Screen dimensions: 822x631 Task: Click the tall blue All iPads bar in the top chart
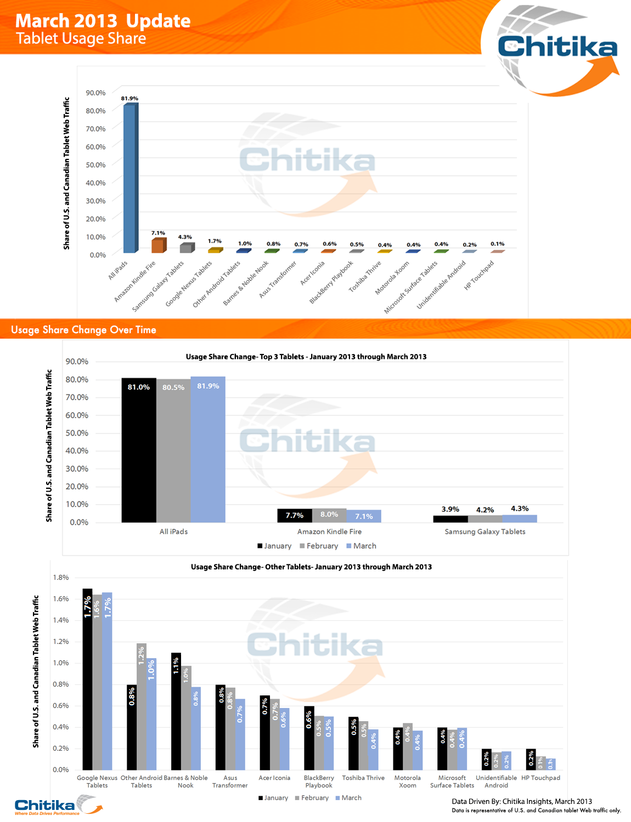coord(129,178)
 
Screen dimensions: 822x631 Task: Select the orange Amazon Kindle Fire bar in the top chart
coord(158,246)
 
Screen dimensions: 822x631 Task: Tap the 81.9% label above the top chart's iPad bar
coord(129,99)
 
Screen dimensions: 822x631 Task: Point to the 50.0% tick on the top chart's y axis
coord(95,165)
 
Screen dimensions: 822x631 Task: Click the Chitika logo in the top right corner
coord(557,47)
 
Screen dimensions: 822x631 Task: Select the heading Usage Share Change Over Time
coord(83,330)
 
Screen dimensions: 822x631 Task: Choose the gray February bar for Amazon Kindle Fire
coord(329,516)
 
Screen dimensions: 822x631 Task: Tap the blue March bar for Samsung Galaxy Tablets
coord(520,518)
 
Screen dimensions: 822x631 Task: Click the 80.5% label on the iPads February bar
coord(173,387)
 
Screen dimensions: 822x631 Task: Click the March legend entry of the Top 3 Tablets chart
coord(361,546)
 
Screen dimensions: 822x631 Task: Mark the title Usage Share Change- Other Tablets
coord(311,567)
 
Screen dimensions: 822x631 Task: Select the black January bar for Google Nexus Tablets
coord(87,680)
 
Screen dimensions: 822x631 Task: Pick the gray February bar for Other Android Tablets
coord(142,707)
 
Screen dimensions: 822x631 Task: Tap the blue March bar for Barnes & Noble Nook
coord(196,729)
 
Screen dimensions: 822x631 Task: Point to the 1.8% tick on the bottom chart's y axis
coord(61,578)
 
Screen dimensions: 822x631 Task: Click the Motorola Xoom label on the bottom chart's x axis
coord(407,781)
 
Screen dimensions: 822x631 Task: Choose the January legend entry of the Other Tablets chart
coord(273,798)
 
